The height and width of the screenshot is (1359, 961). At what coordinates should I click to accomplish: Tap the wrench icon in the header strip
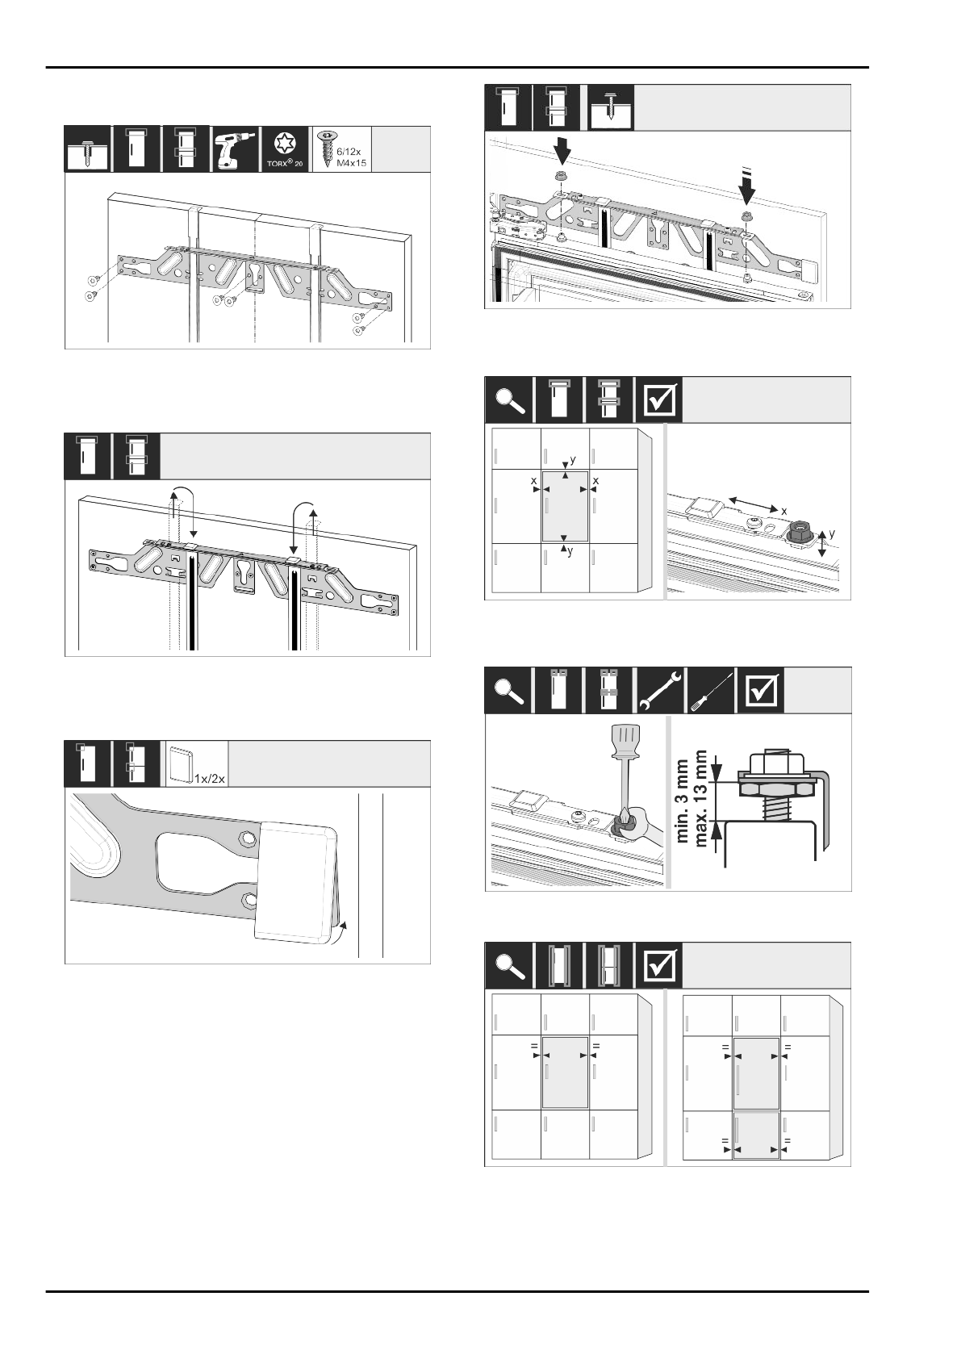(660, 690)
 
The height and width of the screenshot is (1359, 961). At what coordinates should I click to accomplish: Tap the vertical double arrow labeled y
(821, 542)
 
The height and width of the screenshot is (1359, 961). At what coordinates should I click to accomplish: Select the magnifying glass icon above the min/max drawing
(508, 690)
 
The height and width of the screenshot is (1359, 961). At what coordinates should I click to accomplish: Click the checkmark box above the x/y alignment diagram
(658, 399)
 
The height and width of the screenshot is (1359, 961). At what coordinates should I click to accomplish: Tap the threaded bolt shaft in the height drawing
(774, 808)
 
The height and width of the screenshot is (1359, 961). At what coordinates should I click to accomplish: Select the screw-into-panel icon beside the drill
(86, 149)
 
